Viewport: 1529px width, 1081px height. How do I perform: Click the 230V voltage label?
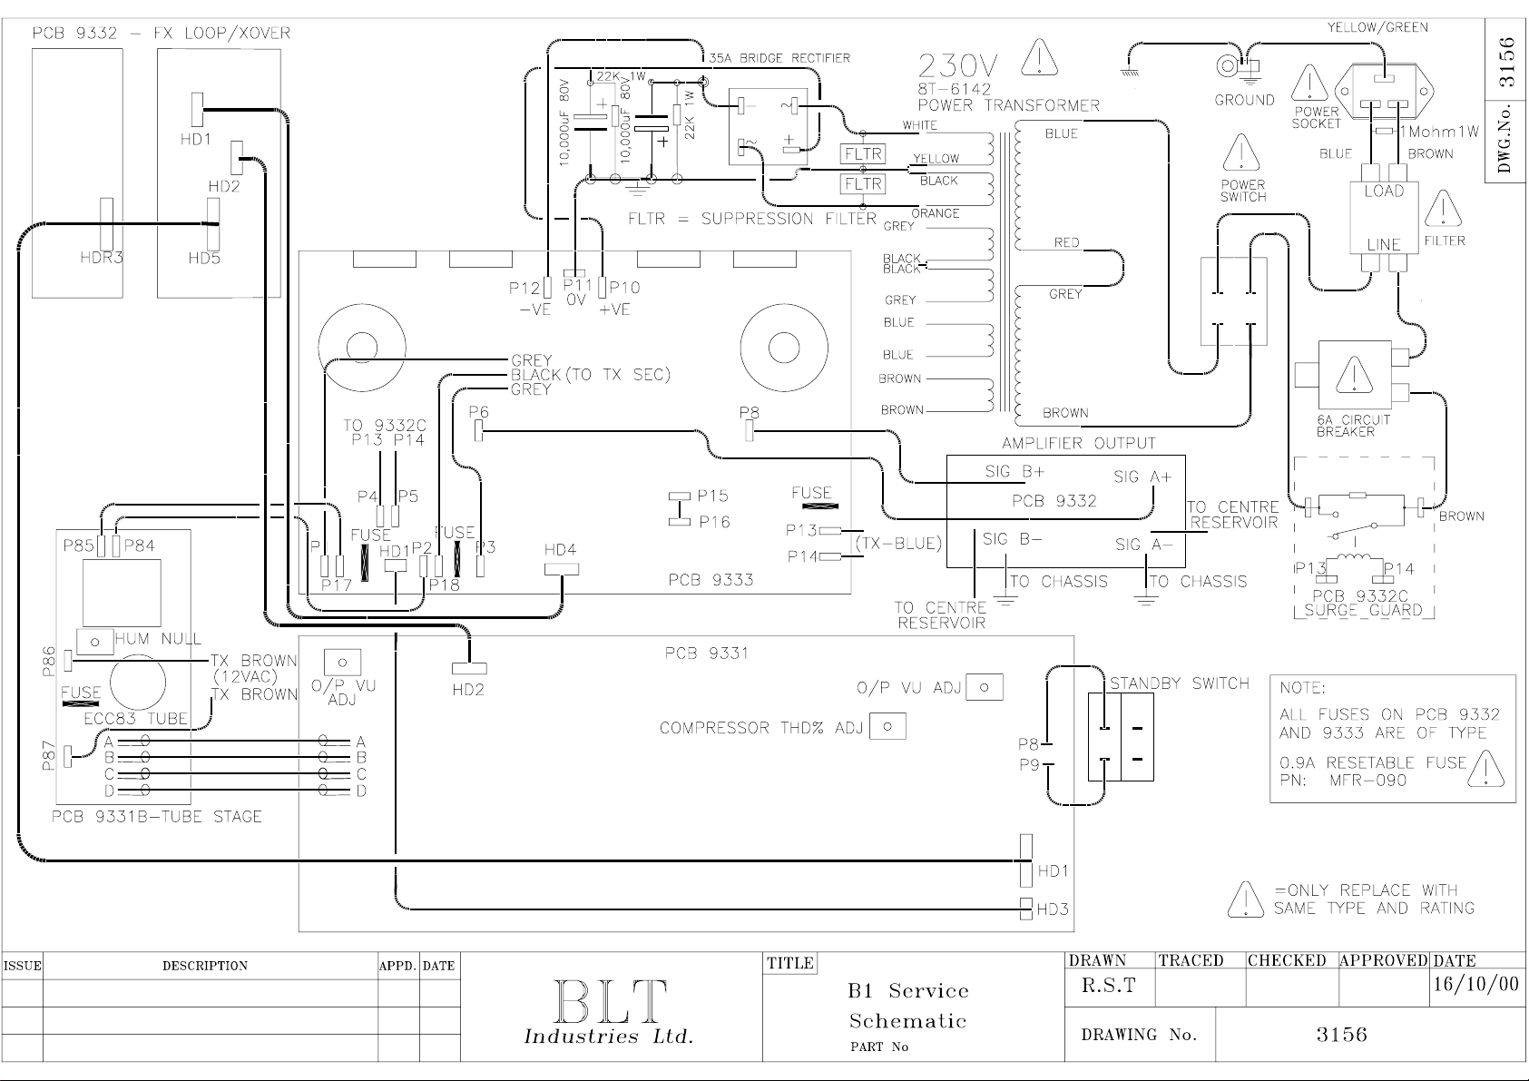click(957, 66)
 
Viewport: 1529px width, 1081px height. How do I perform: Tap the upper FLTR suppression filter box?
click(863, 153)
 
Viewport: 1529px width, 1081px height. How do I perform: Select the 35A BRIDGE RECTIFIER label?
click(779, 58)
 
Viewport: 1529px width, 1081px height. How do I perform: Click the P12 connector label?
click(524, 288)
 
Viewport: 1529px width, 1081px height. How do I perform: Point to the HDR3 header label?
click(102, 258)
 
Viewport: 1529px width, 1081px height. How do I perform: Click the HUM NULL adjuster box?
click(95, 642)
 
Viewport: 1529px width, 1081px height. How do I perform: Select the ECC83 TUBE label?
click(135, 718)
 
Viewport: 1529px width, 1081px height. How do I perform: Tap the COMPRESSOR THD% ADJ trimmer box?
click(887, 727)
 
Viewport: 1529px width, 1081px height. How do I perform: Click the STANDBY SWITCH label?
click(1180, 683)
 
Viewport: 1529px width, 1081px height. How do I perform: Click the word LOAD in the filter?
click(1385, 192)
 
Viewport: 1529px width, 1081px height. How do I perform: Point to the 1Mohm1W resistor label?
click(1439, 131)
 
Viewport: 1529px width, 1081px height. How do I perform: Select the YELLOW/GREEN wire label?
click(1377, 27)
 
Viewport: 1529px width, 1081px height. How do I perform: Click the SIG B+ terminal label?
click(1014, 471)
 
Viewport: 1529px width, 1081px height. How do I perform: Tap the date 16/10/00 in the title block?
click(1475, 984)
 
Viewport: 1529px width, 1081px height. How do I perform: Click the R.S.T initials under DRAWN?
click(1109, 985)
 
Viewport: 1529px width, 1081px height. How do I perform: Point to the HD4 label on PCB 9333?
click(560, 550)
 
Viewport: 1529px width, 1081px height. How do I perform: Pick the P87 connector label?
click(48, 757)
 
